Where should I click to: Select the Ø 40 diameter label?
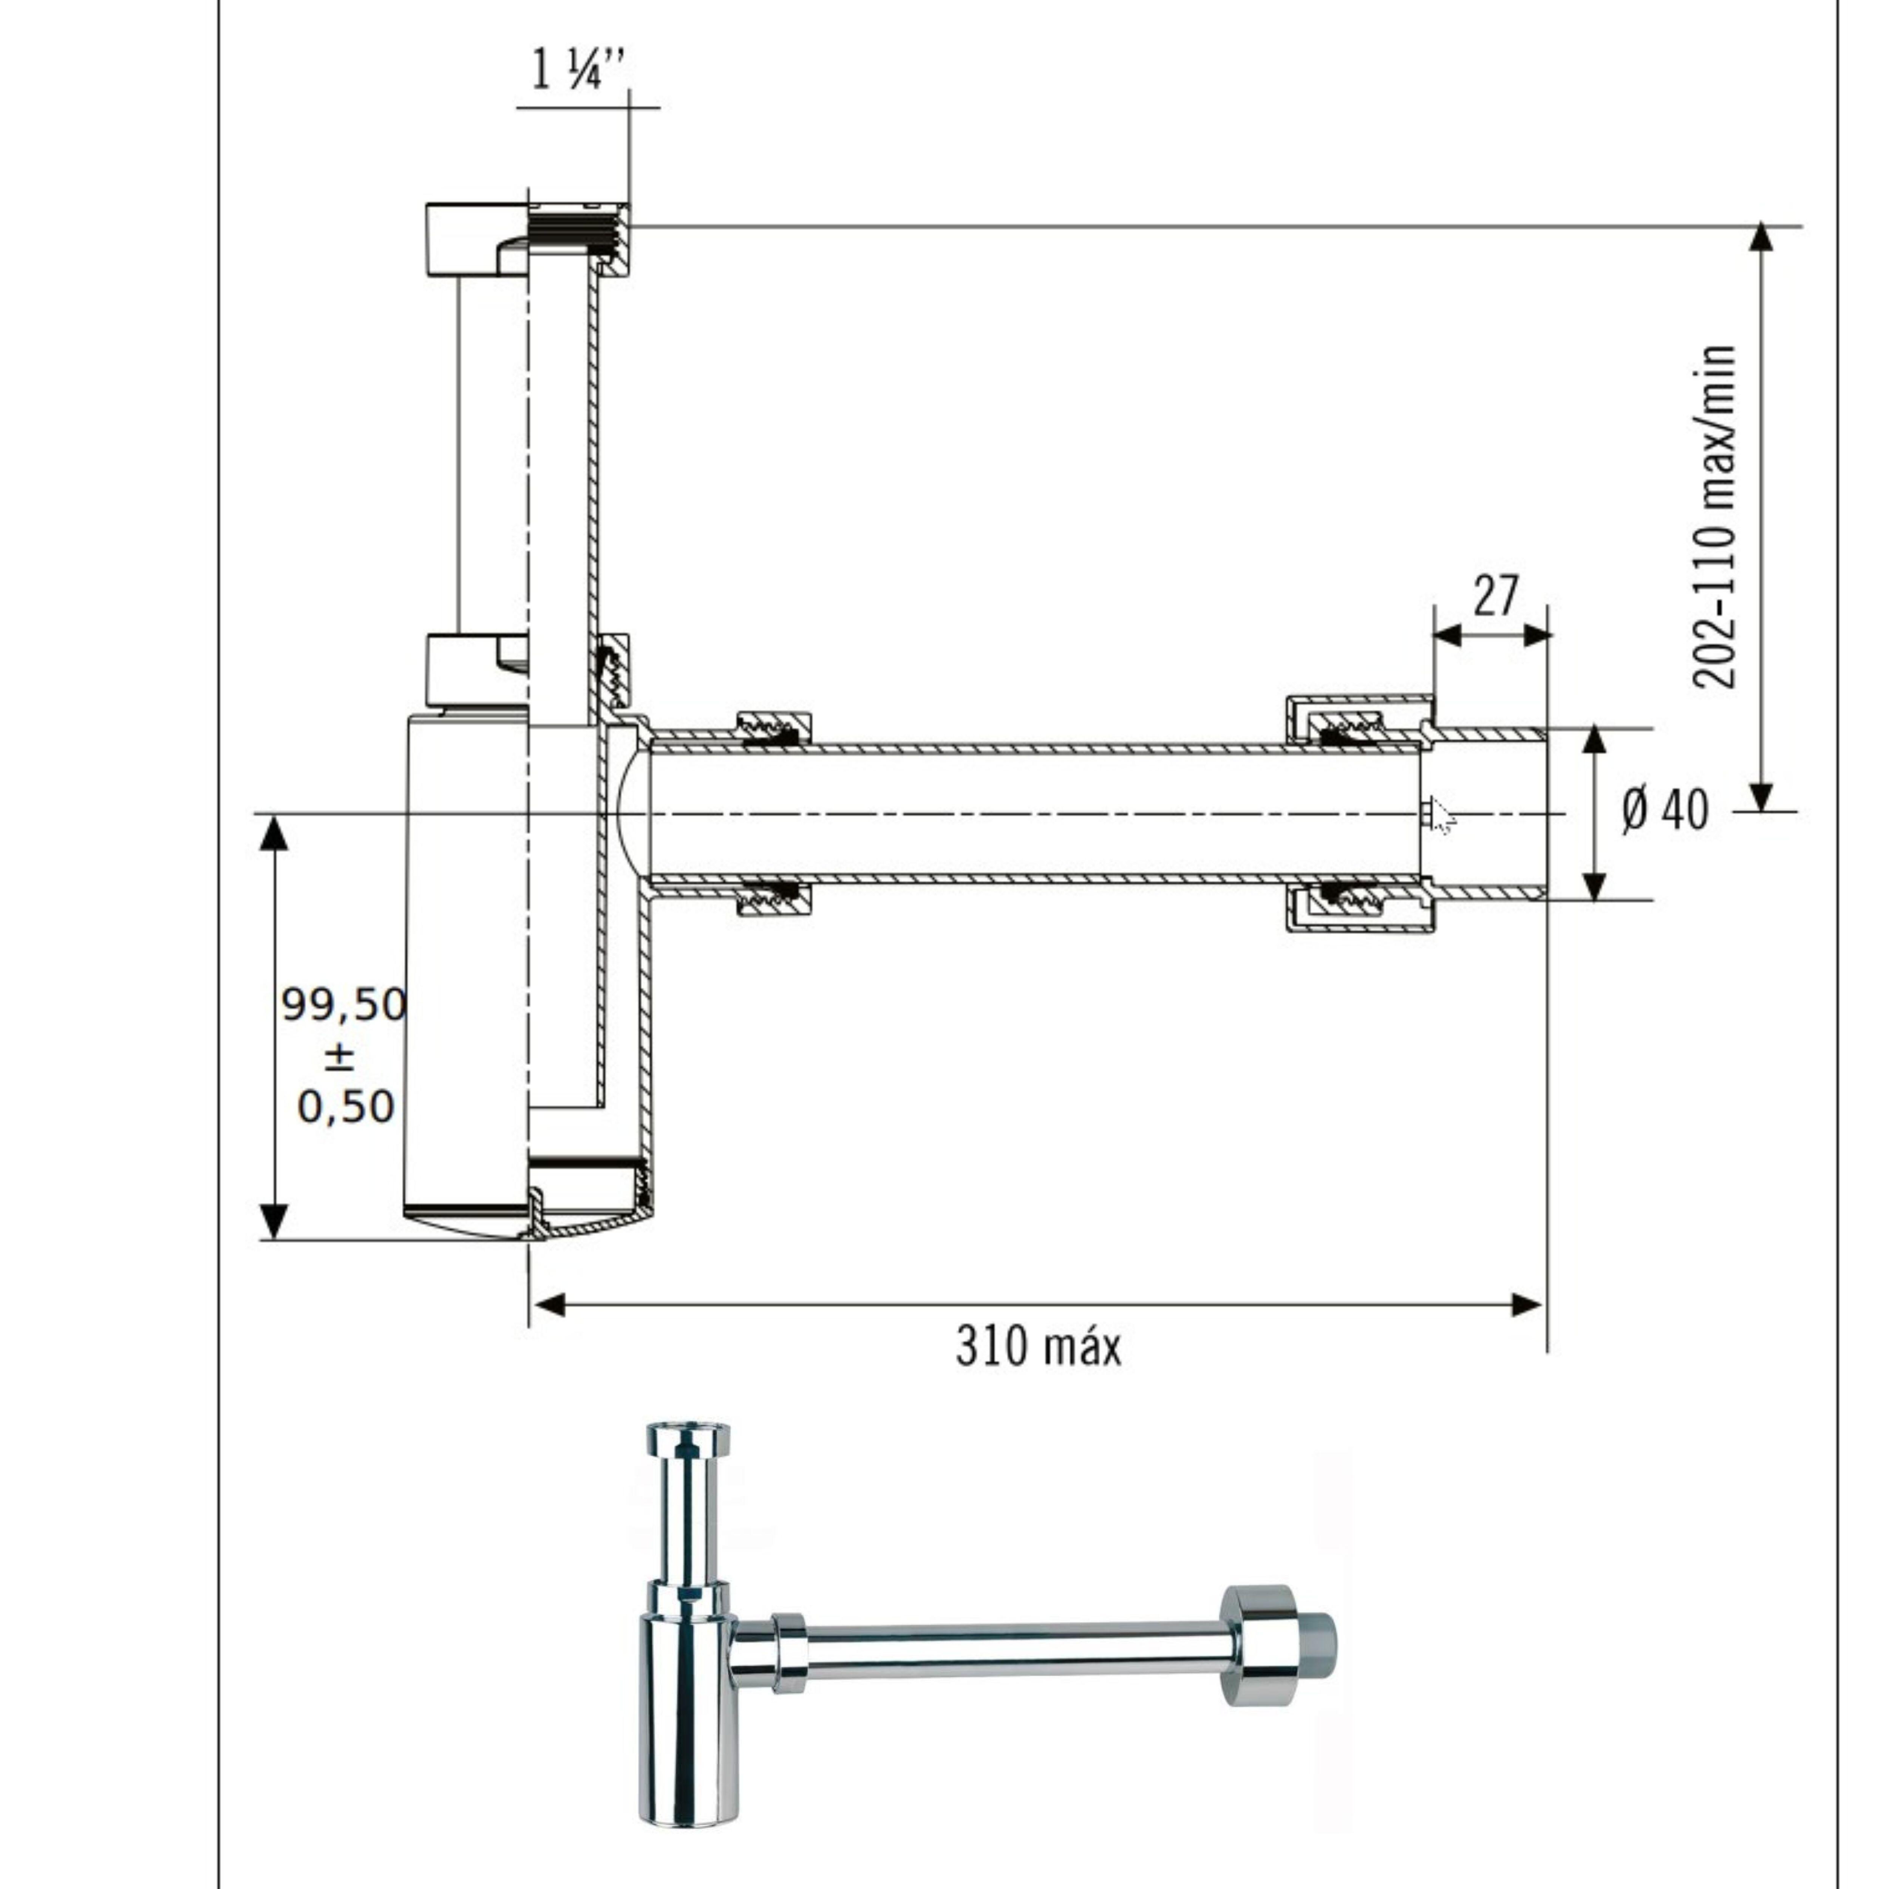pos(1665,810)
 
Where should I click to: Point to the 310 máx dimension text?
pos(1038,1346)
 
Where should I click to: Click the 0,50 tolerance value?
pos(346,1107)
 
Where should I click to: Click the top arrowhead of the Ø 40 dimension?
pos(1595,740)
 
